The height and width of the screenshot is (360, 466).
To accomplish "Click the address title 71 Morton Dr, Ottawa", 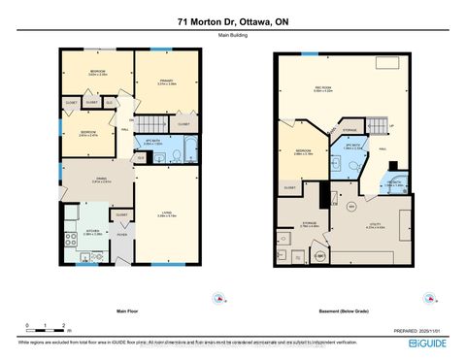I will (x=233, y=21).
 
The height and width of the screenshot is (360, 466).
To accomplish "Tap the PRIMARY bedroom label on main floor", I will (x=165, y=82).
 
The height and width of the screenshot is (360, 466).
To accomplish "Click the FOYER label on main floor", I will (x=123, y=234).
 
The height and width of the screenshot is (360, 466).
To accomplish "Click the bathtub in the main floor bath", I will (x=188, y=151).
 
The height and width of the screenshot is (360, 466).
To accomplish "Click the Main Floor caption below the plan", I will (x=131, y=312).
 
